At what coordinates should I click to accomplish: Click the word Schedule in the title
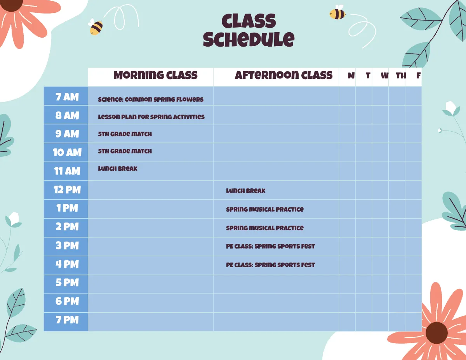click(249, 39)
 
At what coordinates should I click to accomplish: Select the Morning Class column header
click(155, 75)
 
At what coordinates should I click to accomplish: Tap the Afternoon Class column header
click(283, 75)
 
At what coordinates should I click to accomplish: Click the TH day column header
click(401, 76)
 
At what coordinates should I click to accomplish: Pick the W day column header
click(384, 76)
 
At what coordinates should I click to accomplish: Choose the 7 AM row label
click(67, 97)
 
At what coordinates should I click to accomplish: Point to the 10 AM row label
click(67, 152)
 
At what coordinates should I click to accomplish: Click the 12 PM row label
click(67, 190)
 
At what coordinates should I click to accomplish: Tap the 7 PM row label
click(67, 320)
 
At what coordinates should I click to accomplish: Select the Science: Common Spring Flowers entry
click(151, 99)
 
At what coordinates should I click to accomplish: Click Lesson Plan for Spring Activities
click(151, 117)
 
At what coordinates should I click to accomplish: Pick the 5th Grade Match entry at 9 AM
click(125, 134)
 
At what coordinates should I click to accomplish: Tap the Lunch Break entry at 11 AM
click(118, 169)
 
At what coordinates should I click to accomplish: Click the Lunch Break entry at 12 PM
click(246, 191)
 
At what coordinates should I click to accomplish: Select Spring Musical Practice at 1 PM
click(265, 209)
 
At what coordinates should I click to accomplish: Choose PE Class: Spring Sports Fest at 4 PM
click(270, 265)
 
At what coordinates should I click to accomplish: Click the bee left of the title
click(96, 27)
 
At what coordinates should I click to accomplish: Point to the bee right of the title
click(337, 14)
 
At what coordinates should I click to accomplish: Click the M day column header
click(351, 76)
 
